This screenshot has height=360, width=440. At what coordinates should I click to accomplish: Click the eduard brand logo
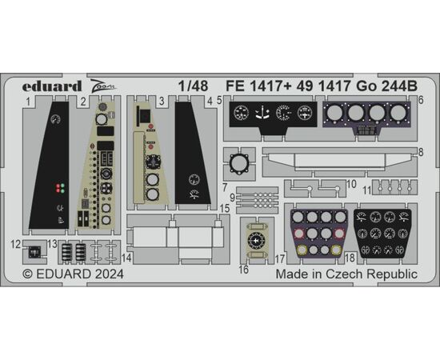coord(52,86)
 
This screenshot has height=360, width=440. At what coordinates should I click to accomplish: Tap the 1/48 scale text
coord(194,86)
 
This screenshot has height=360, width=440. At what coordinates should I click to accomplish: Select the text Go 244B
coord(386,86)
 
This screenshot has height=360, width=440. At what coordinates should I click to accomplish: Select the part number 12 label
coord(16,244)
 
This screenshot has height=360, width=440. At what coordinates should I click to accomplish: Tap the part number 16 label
coord(243,270)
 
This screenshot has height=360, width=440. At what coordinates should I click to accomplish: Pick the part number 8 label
coord(420,152)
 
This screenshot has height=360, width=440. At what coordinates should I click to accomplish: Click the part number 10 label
coord(351,184)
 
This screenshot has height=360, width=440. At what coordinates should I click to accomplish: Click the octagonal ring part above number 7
coord(240,164)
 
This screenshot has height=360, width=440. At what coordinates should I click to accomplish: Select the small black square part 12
coord(34,252)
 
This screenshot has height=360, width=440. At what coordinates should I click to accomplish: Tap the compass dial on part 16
coord(255,241)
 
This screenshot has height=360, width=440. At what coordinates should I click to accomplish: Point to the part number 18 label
coord(350,258)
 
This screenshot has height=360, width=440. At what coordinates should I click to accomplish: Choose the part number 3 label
coord(162,102)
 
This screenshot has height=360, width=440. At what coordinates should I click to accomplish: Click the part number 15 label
coord(225,209)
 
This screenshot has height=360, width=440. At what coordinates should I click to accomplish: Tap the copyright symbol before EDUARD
coord(27,274)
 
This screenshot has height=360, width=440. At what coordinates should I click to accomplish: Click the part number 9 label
coord(232,198)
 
